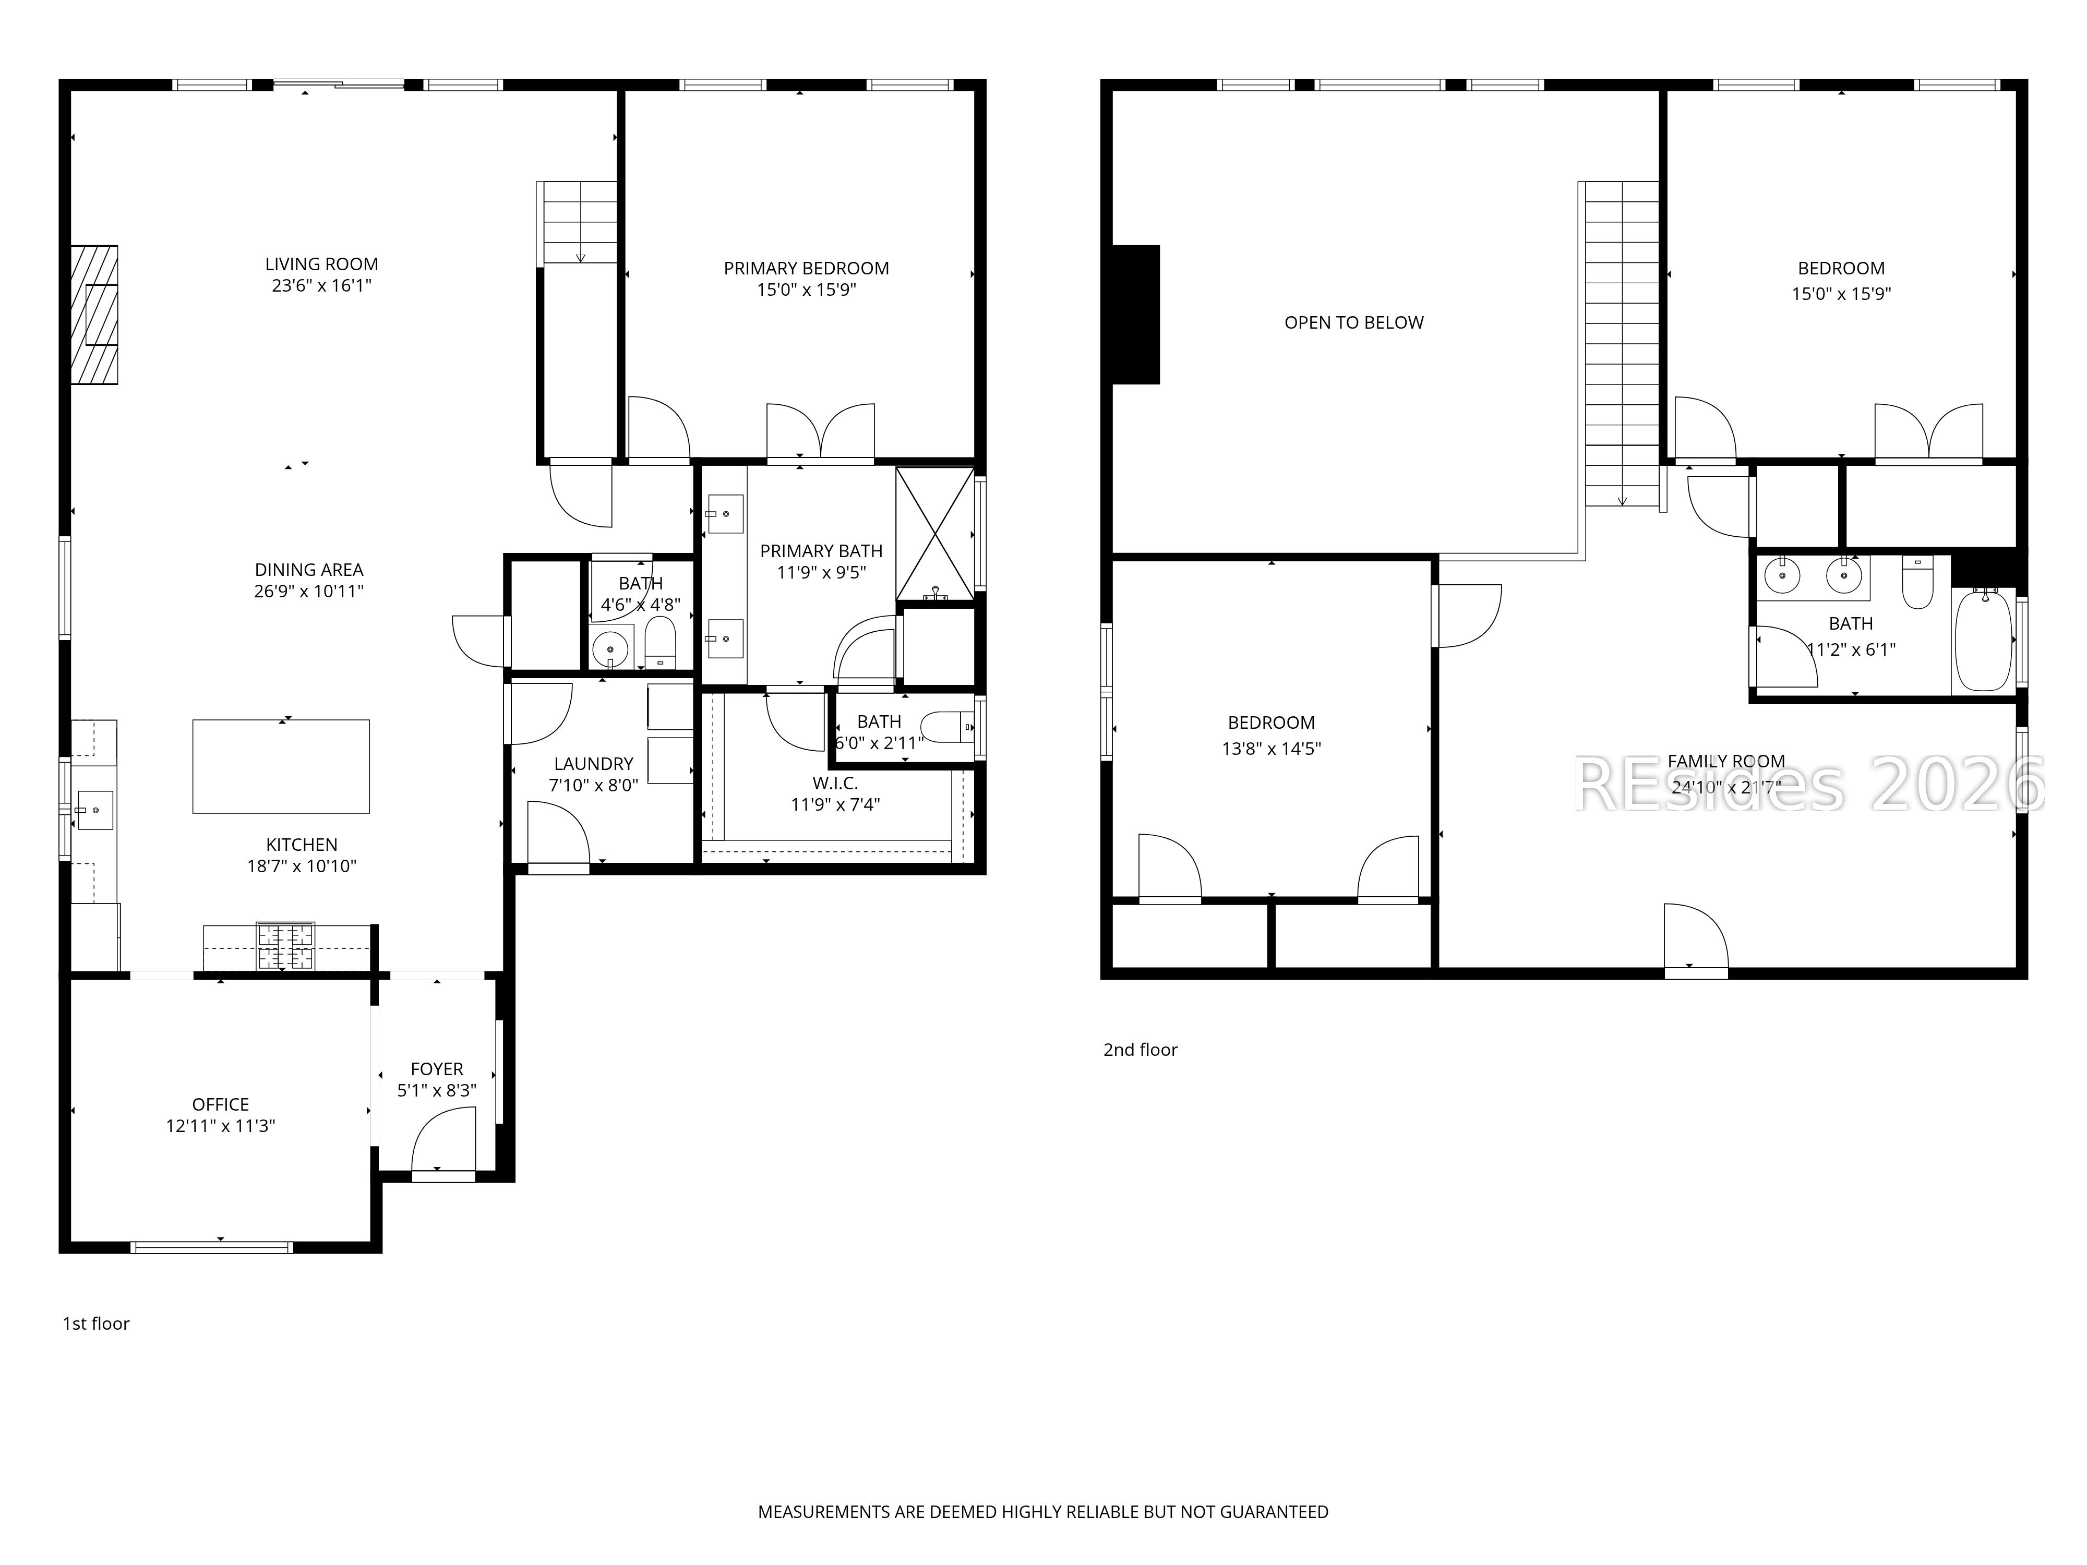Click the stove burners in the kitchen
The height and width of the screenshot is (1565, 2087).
click(287, 946)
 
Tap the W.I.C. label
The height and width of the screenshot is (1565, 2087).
click(835, 783)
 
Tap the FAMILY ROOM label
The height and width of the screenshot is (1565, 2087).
click(1725, 761)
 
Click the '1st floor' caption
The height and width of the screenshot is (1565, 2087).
click(95, 1323)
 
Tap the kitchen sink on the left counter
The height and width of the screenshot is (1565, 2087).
click(94, 810)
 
